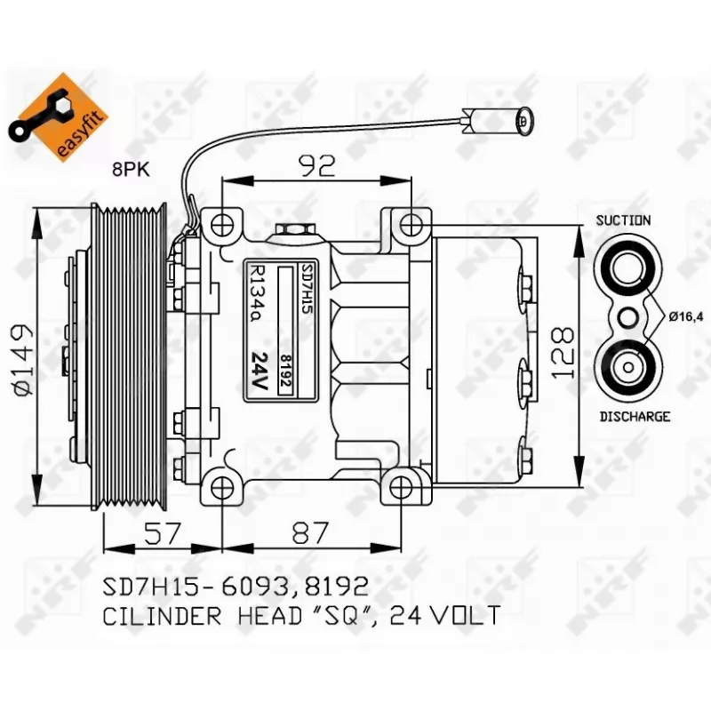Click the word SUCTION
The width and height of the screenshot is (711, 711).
coord(624,220)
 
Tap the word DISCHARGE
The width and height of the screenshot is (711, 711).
coord(635,416)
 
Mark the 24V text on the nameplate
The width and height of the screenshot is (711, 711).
coord(260,369)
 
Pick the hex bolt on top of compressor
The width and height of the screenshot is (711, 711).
coord(294,230)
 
